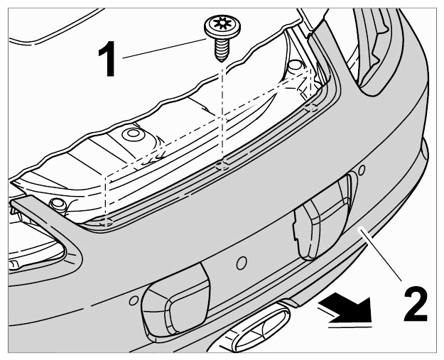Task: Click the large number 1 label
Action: pyautogui.click(x=107, y=59)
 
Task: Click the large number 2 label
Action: pyautogui.click(x=416, y=303)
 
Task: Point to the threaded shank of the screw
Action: pyautogui.click(x=221, y=50)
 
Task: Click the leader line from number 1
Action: pyautogui.click(x=165, y=49)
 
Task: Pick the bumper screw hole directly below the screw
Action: pyautogui.click(x=222, y=166)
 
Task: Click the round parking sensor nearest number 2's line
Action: pyautogui.click(x=362, y=170)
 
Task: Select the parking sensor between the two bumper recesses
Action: pyautogui.click(x=242, y=263)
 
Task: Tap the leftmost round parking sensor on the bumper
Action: pyautogui.click(x=134, y=300)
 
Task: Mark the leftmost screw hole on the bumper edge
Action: pyautogui.click(x=107, y=223)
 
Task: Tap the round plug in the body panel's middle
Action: pyautogui.click(x=132, y=134)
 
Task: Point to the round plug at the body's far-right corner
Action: pyautogui.click(x=295, y=65)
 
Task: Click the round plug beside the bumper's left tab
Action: pyautogui.click(x=57, y=204)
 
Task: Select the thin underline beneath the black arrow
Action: pyautogui.click(x=350, y=327)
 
